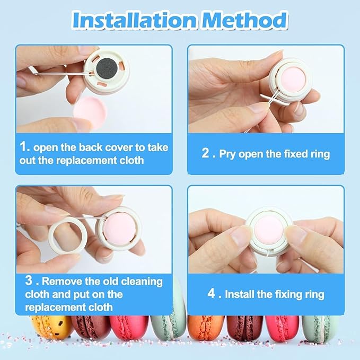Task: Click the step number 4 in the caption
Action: (210, 294)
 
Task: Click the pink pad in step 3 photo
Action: (119, 226)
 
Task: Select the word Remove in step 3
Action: (62, 282)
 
